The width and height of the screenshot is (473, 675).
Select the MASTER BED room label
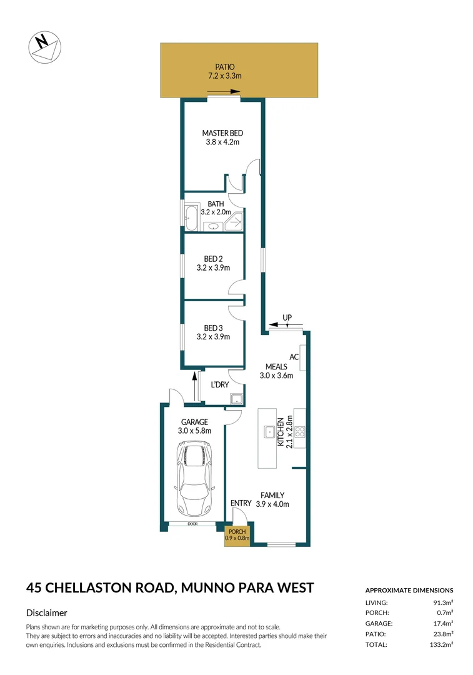pos(222,133)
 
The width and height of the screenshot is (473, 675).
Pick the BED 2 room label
pos(213,259)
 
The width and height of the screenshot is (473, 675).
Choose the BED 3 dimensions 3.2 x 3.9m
pos(213,337)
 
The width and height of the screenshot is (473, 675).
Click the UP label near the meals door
pos(287,318)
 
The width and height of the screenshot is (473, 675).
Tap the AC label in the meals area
pos(294,357)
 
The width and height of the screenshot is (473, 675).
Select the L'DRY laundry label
pos(219,385)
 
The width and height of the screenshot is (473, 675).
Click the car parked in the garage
pos(194,478)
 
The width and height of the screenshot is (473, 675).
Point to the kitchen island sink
pos(269,431)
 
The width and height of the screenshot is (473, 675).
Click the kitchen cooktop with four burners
pos(299,431)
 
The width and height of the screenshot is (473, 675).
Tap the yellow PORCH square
pos(237,536)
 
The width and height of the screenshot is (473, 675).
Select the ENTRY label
pos(241,503)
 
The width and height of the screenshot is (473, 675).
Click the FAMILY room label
pos(272,494)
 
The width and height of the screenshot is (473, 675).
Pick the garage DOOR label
pos(192,524)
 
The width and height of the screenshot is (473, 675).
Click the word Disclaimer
pos(47,613)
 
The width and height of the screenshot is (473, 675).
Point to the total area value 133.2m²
pos(441,644)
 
